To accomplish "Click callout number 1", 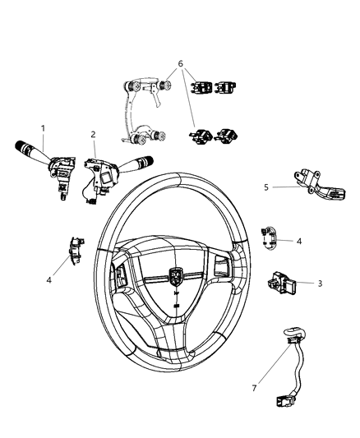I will click(x=43, y=129).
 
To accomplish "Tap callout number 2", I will click(x=93, y=134).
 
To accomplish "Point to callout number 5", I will click(x=265, y=187).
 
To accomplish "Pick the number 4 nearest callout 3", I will click(x=299, y=242).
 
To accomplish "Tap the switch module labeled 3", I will click(x=281, y=287).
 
